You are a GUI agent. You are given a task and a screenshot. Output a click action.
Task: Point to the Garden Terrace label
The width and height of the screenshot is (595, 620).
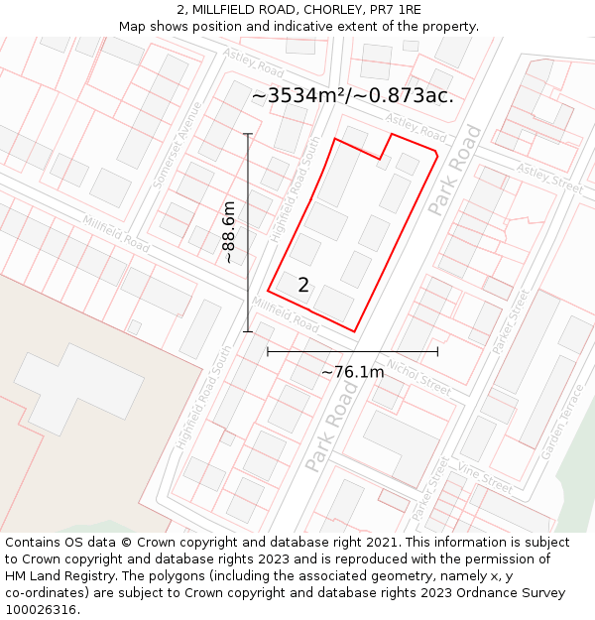[561, 423]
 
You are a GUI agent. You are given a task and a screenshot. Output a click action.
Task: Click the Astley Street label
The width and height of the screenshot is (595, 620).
[548, 180]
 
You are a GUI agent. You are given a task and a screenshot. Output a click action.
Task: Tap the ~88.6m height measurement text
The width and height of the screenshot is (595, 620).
[229, 232]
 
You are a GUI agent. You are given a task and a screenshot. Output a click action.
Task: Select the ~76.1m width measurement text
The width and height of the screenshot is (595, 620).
[352, 372]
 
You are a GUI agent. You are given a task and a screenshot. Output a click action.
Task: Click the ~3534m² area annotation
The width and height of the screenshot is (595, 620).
[352, 95]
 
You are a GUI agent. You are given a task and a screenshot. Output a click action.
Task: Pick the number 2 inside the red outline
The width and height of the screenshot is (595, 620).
[303, 286]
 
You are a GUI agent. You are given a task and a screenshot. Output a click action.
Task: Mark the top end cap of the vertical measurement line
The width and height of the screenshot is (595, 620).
[248, 134]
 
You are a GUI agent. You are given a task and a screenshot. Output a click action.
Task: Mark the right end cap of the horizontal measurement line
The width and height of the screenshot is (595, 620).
[437, 351]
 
